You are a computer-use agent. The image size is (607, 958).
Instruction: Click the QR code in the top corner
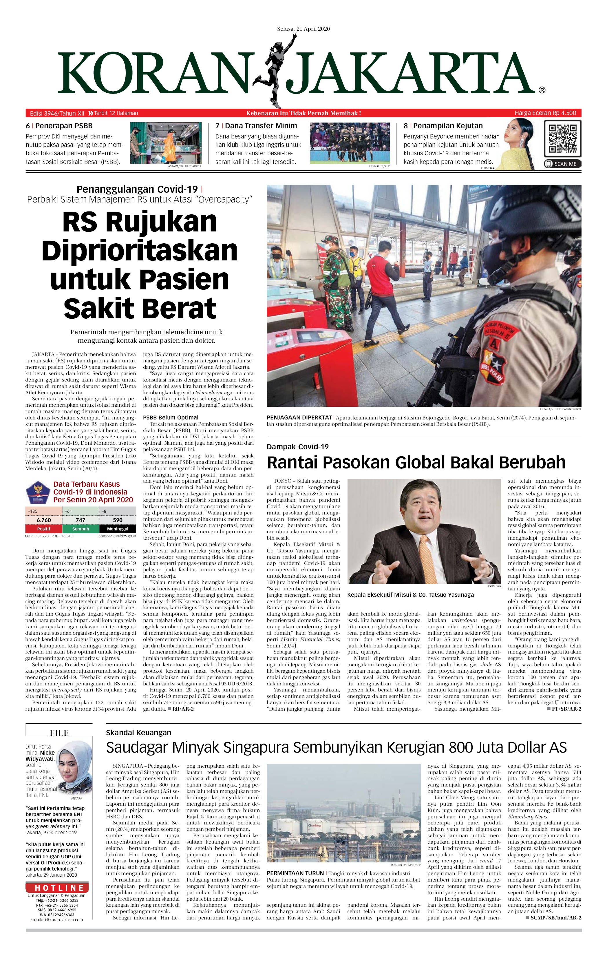(562, 139)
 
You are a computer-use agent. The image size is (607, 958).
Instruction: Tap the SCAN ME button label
(562, 163)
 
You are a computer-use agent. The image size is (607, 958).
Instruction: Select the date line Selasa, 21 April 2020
(303, 29)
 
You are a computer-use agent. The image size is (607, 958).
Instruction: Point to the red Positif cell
(44, 529)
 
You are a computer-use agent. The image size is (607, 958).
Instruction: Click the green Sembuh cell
(80, 529)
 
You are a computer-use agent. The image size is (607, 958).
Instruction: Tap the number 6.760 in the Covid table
(44, 520)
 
